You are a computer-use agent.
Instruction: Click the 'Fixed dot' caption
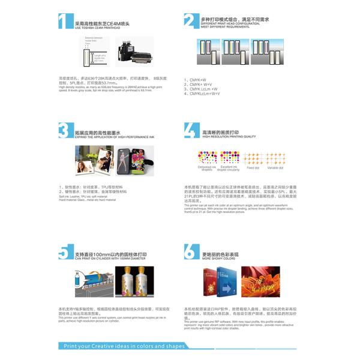point(253,167)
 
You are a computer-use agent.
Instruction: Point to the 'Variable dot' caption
point(275,167)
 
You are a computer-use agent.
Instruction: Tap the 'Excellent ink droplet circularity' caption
point(230,169)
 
